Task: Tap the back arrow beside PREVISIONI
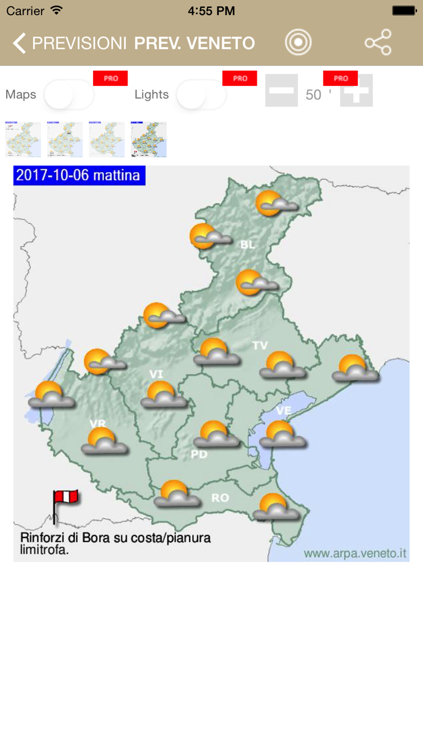click(19, 44)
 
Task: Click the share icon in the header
click(378, 43)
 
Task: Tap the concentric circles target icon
click(298, 43)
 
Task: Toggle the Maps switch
click(69, 95)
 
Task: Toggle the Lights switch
click(201, 95)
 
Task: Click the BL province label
click(248, 245)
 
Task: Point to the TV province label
click(260, 345)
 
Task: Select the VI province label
click(157, 375)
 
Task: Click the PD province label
click(199, 454)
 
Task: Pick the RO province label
click(220, 498)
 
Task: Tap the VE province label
click(284, 410)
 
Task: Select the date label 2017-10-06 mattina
click(79, 175)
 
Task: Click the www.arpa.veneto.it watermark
click(355, 554)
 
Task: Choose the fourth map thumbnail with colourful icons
click(149, 140)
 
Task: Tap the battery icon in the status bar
click(404, 11)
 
